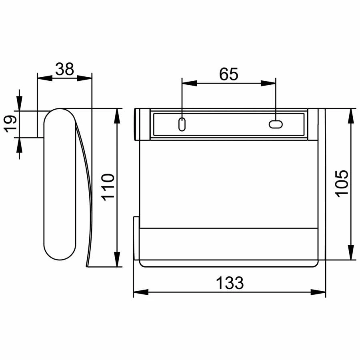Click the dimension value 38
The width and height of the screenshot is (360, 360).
[x=64, y=69]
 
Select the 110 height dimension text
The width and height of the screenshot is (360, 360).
[x=108, y=187]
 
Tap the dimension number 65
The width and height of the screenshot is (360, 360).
[x=229, y=74]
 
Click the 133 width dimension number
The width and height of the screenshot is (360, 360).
[x=230, y=283]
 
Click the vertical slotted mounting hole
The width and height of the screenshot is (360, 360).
[x=182, y=124]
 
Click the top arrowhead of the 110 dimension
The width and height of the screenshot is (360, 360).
[x=117, y=116]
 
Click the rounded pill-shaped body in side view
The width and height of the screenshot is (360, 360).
[x=59, y=184]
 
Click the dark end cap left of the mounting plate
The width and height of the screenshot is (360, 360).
[x=136, y=124]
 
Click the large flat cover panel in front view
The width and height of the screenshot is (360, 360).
[x=230, y=182]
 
